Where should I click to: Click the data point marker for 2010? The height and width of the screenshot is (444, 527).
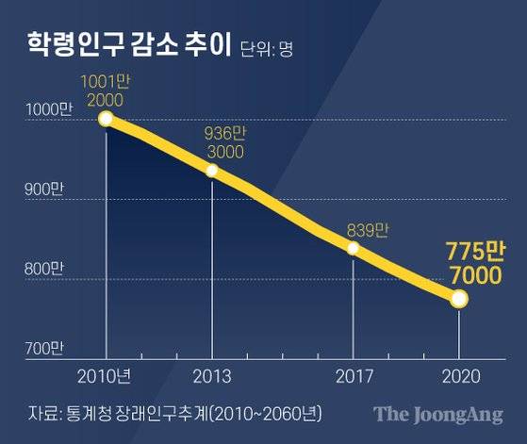[x=106, y=119]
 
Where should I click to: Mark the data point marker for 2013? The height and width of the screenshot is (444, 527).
[x=212, y=171]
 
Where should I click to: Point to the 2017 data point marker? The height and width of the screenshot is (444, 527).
[x=353, y=248]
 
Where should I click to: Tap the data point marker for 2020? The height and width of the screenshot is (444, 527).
[x=459, y=299]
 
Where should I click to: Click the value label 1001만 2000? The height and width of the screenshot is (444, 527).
[x=106, y=90]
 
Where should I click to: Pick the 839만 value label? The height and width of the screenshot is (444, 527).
[x=368, y=227]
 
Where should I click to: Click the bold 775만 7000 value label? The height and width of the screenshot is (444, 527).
[x=469, y=263]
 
